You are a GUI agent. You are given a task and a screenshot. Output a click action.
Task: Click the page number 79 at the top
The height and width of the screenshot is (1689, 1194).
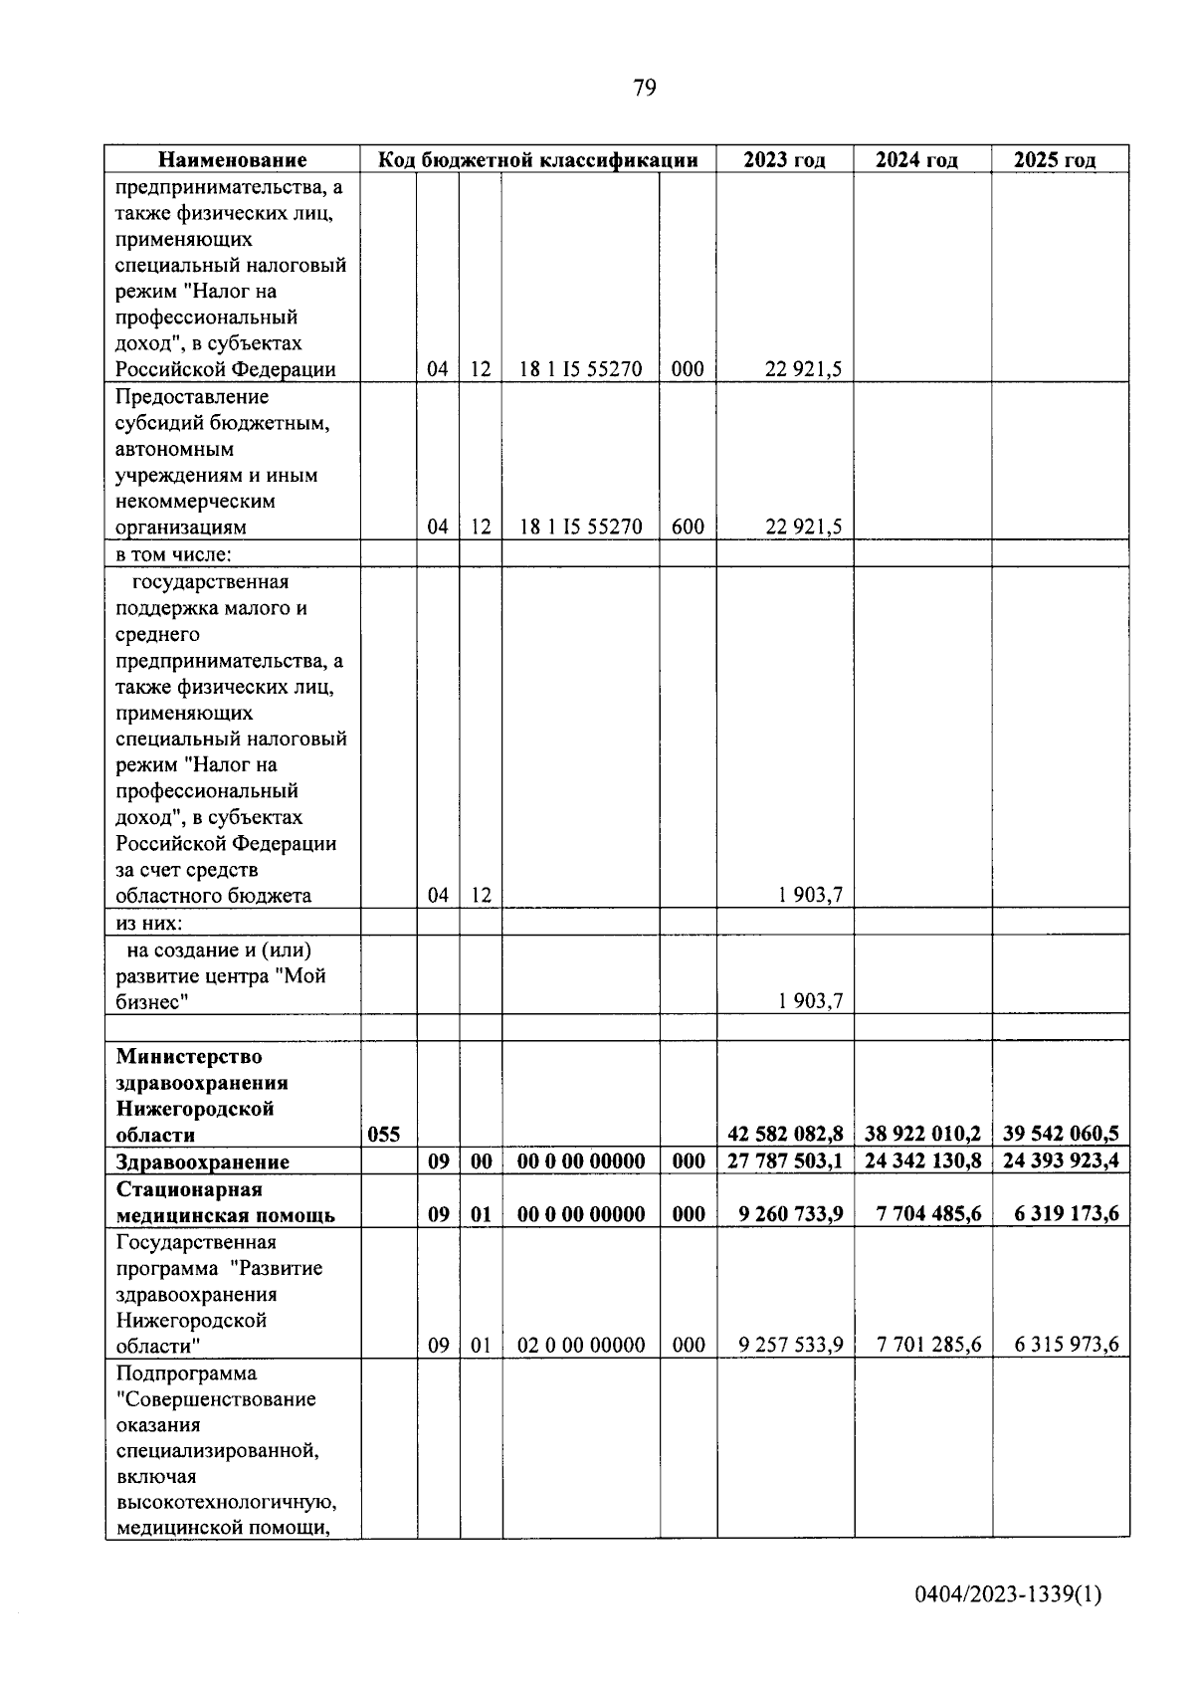(x=644, y=89)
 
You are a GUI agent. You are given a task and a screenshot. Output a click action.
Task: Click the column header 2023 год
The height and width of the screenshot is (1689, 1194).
(x=784, y=160)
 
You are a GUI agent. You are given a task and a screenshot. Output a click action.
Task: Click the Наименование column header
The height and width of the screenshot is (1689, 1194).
(x=233, y=160)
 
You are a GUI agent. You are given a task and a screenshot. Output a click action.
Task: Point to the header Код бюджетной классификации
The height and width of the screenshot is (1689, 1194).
(x=537, y=160)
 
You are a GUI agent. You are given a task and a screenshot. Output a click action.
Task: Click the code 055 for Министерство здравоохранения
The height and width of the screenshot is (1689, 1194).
(x=384, y=1135)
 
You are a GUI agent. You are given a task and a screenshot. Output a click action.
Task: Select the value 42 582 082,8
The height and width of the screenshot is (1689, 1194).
(x=785, y=1134)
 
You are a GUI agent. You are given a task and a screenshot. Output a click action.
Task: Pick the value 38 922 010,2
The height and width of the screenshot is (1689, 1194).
(x=923, y=1134)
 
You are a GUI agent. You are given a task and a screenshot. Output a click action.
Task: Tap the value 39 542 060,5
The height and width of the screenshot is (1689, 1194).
(x=1061, y=1134)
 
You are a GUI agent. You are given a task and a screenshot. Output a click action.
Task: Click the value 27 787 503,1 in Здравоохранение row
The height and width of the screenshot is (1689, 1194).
(x=785, y=1161)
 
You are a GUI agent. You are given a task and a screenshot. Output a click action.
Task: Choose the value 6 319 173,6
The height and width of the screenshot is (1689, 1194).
(x=1061, y=1214)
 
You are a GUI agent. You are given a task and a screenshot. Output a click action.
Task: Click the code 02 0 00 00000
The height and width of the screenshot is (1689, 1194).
(x=581, y=1346)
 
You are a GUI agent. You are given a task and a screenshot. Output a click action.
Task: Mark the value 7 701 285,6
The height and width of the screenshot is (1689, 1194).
(x=928, y=1346)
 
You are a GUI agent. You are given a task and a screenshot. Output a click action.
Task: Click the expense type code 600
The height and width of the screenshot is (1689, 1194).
(x=688, y=528)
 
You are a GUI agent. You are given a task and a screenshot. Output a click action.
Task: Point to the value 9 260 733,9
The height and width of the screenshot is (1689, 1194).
(x=791, y=1214)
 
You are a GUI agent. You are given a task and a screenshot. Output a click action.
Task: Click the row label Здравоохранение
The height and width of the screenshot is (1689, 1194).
(x=202, y=1162)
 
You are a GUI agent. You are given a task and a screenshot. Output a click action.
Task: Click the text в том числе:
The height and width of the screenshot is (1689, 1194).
(x=173, y=554)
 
